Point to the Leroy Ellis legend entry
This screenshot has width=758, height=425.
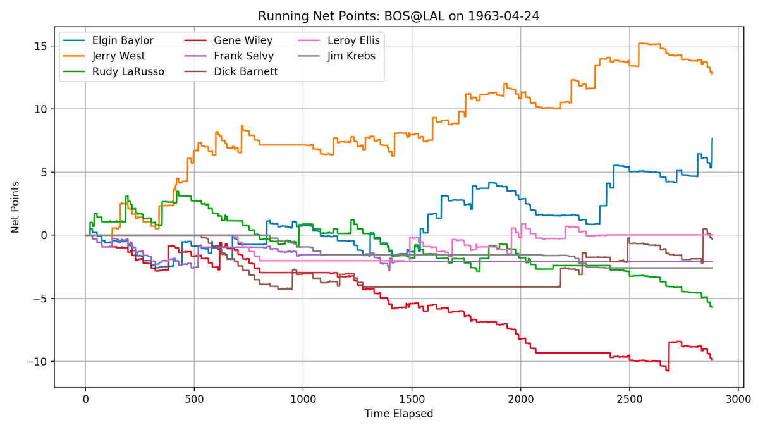point(353,41)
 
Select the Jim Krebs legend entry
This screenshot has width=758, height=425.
point(350,56)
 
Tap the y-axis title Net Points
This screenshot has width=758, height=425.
point(15,207)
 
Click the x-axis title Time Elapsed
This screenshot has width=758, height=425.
point(398,414)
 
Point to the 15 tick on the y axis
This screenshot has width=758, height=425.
point(41,46)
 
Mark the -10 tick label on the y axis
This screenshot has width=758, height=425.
point(39,361)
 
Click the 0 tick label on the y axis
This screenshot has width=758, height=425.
point(45,235)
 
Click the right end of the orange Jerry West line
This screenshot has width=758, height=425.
point(712,73)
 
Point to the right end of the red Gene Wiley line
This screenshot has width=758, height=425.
point(712,360)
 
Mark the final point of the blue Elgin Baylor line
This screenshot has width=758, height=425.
point(712,139)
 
